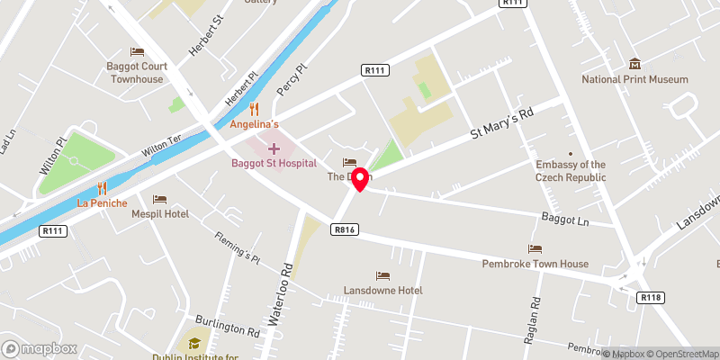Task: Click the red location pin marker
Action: pos(360,179)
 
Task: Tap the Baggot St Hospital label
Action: pos(274,163)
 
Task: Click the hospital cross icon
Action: pos(274,147)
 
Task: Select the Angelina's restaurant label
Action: pos(255,123)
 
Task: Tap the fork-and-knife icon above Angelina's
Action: pos(255,107)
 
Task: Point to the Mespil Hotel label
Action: pos(158,214)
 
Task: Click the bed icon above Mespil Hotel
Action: pos(159,199)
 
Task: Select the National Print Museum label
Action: pos(634,79)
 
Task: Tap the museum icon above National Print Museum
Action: pos(635,63)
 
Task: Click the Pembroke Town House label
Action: pos(535,264)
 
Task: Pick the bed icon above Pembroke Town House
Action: pos(535,248)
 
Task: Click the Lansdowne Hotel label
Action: pos(382,291)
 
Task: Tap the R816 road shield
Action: pos(343,230)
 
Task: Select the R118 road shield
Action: pos(650,297)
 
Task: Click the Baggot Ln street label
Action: pos(565,219)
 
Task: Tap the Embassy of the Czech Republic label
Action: pos(571,171)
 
